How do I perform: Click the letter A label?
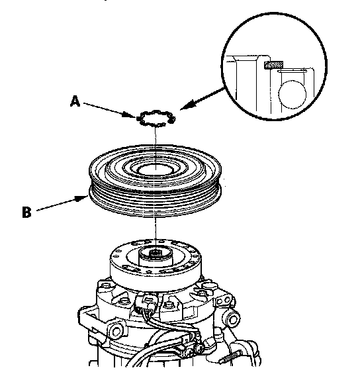pos(75,101)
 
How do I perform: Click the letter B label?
pos(26,212)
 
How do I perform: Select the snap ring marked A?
pos(156,118)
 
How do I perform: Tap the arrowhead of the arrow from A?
pos(130,115)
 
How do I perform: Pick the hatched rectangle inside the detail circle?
pos(273,65)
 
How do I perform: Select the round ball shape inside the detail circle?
pos(292,95)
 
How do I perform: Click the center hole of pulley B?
pos(156,169)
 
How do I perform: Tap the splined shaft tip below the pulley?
pos(155,254)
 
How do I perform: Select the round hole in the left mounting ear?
pos(116,331)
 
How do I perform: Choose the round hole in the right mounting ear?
pos(233,319)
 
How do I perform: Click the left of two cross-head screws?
pos(190,354)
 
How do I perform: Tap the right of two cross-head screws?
pos(200,348)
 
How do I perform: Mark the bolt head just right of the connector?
pos(168,305)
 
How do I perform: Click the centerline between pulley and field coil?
pos(155,230)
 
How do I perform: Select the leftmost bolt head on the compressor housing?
pos(106,285)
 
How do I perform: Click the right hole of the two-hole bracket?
pos(228,299)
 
